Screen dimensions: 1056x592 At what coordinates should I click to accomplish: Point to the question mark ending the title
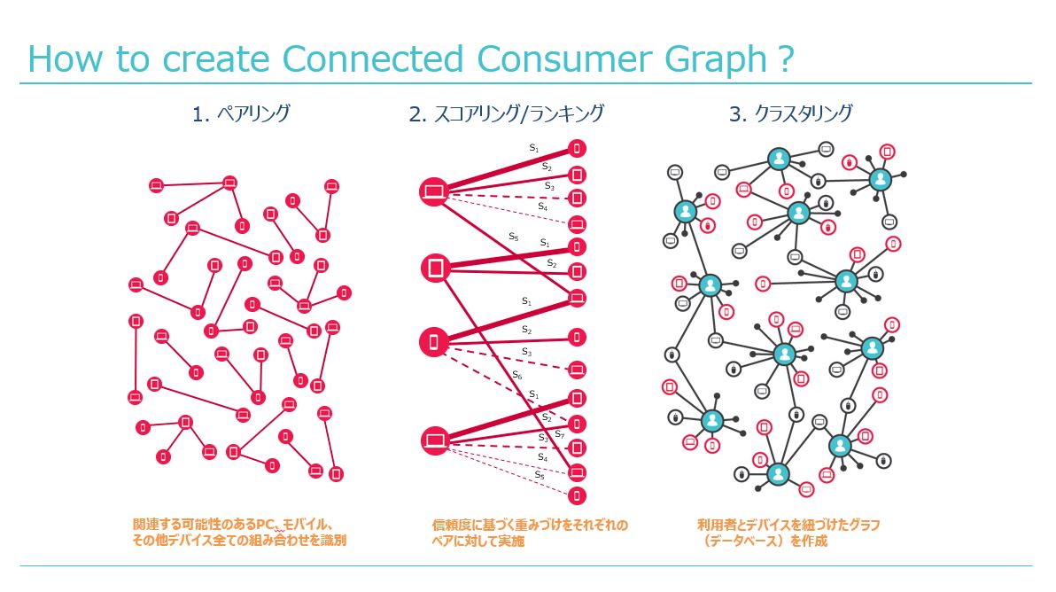786,58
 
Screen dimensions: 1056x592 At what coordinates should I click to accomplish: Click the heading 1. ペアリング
241,113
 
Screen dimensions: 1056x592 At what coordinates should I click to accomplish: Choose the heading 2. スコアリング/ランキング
507,113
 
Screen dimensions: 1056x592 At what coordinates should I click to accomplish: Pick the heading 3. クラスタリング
790,113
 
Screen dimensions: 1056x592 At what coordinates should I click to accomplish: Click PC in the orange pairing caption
266,524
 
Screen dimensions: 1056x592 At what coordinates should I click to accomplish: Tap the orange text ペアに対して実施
478,541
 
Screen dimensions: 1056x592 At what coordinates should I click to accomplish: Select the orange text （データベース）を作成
764,541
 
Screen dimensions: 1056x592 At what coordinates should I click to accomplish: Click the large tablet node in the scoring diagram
435,268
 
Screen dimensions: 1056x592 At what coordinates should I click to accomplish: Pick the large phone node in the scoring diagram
434,342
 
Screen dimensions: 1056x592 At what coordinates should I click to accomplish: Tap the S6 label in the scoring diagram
516,375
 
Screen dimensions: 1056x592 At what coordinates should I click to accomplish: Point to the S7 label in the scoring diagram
560,434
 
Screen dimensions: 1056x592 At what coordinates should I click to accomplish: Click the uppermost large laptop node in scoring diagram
434,192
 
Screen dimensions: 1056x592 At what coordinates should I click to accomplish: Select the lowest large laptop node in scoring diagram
435,440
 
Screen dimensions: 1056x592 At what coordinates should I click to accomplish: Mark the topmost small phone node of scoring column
577,148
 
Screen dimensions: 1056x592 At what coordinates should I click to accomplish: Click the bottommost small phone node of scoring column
577,496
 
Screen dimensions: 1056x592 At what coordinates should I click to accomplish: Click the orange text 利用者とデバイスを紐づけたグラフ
788,525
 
